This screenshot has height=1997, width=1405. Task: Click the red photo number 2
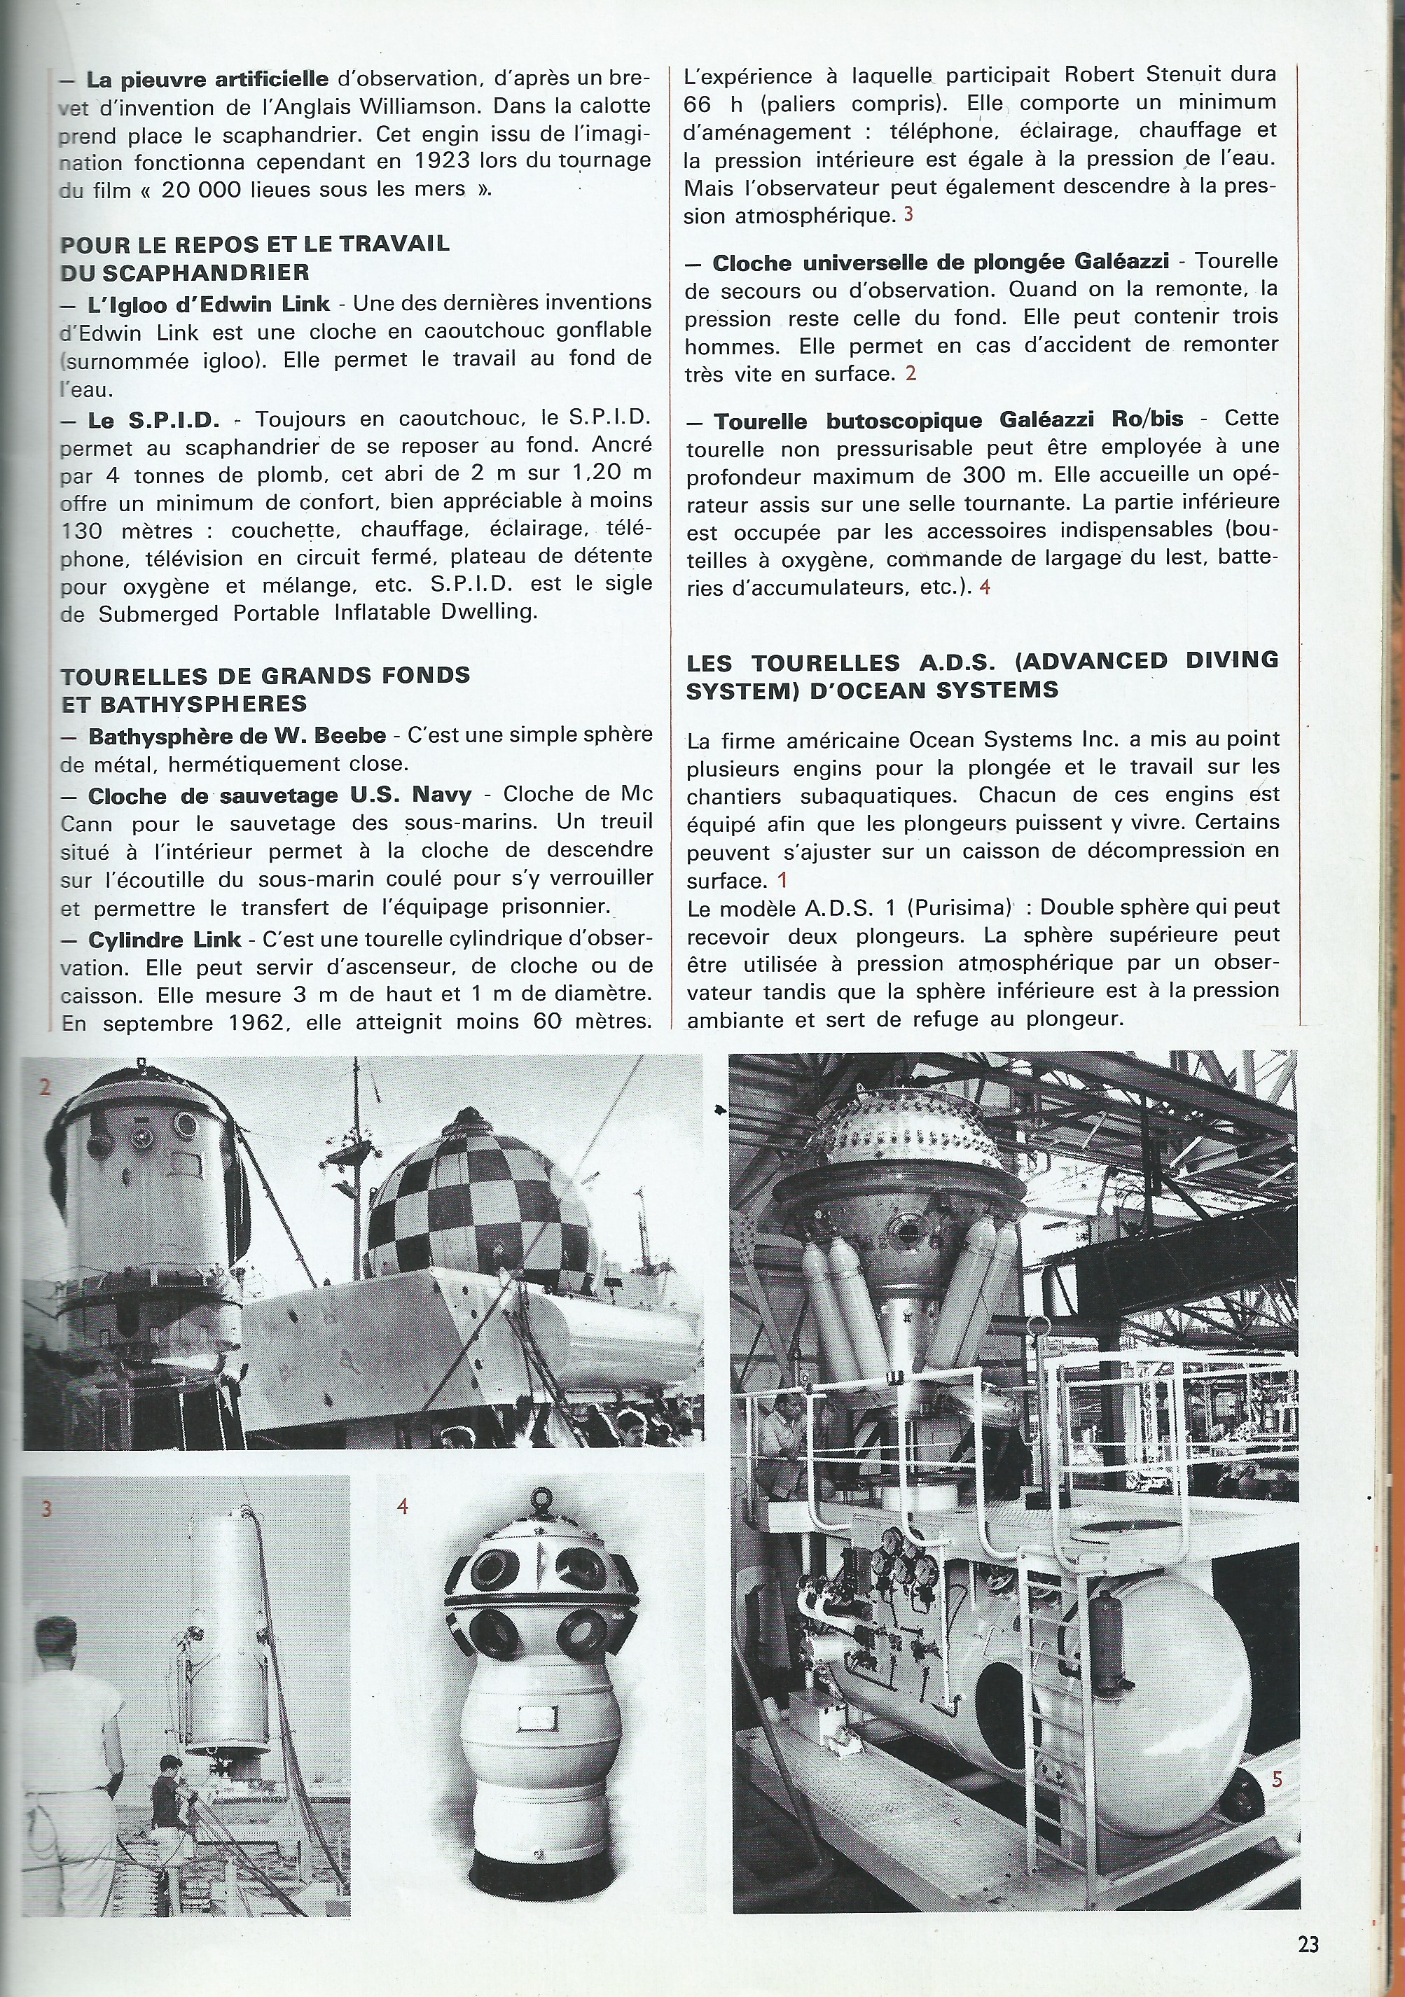click(x=46, y=1087)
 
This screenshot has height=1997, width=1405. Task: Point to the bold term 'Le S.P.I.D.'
click(x=154, y=420)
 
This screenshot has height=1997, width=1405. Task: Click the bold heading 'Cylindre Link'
click(x=165, y=940)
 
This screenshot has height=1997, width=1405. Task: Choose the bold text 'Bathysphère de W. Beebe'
click(x=237, y=736)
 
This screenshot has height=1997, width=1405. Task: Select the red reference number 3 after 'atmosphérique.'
click(x=908, y=213)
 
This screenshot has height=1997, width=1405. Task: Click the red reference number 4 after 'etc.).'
click(x=984, y=586)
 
